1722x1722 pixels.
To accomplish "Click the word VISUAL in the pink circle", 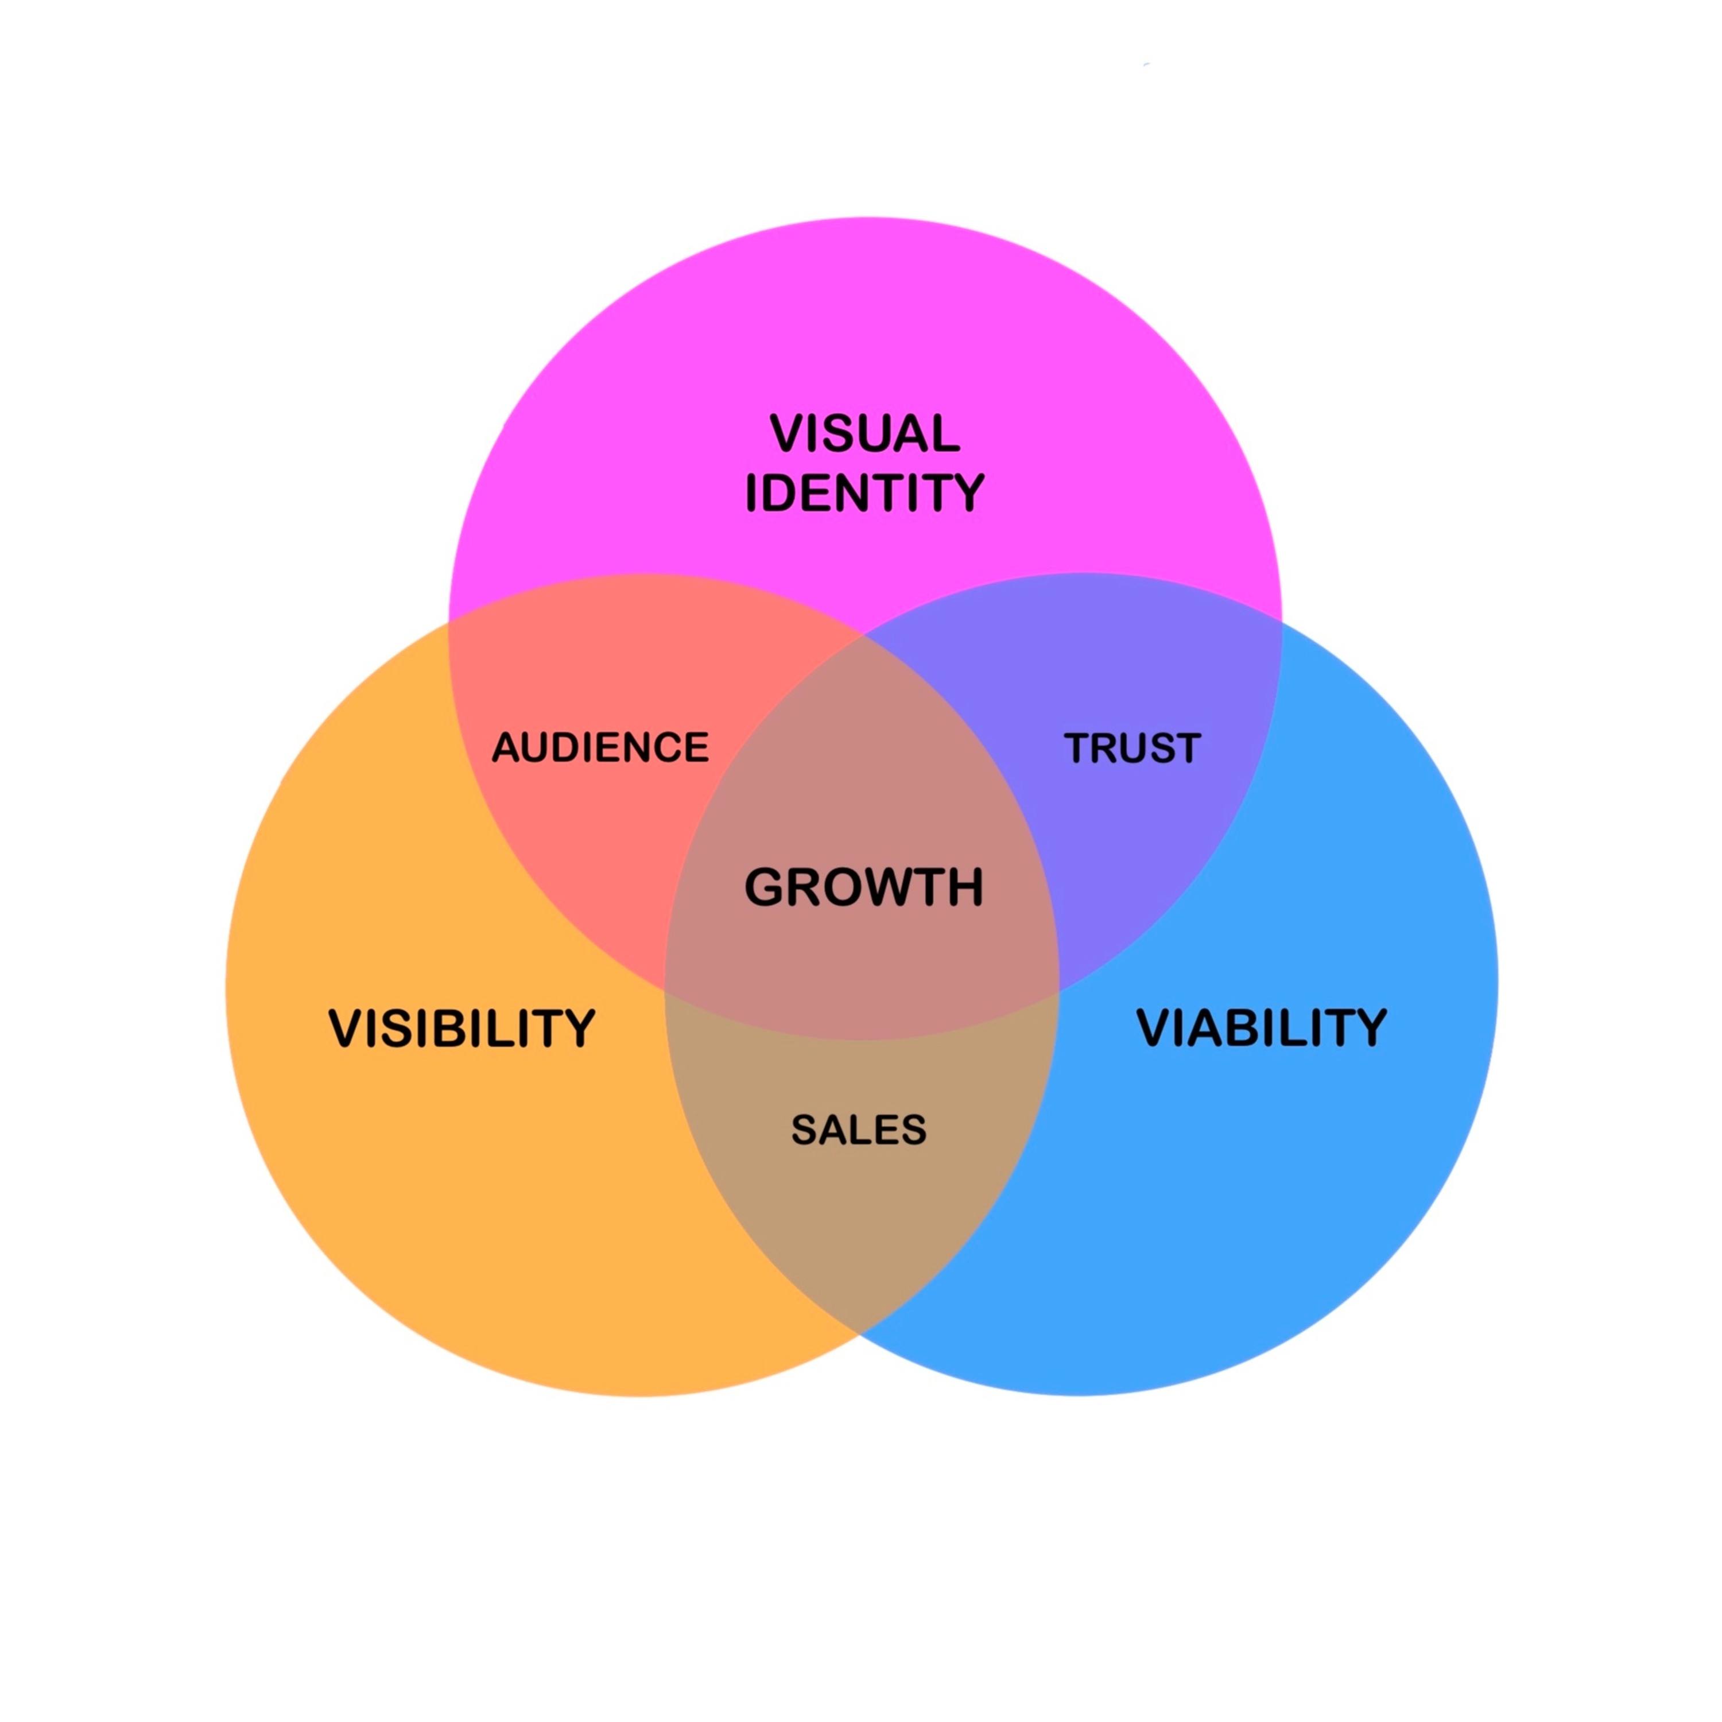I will (x=864, y=434).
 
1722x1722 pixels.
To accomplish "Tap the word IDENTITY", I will (x=864, y=493).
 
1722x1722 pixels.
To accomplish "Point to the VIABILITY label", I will (x=1261, y=1027).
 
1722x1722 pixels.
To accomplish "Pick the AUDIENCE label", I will (x=600, y=747).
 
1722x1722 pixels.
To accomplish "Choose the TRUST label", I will (x=1132, y=748).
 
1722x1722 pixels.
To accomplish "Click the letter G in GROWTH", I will (x=766, y=888).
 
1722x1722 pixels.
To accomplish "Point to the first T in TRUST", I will (x=1079, y=748).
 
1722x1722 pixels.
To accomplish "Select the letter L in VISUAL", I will (x=946, y=434).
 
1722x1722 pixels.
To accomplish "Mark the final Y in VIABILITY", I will (x=1370, y=1027).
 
